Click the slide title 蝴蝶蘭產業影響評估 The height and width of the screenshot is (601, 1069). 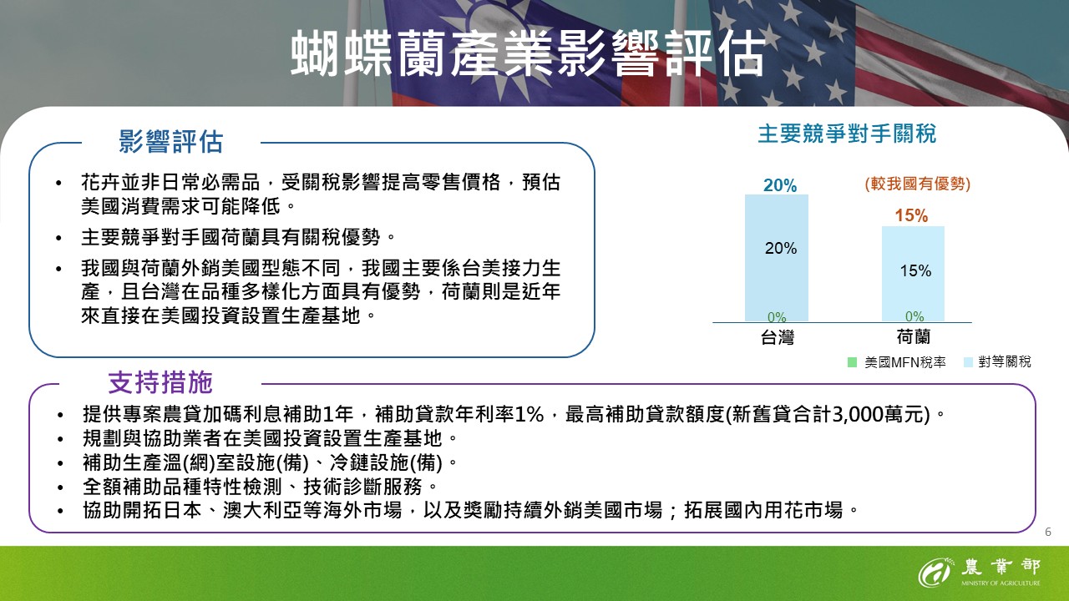[527, 55]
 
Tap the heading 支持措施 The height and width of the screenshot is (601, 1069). [160, 382]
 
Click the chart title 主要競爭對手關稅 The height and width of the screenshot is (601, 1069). [846, 134]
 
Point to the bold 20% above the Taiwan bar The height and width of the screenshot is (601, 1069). [779, 185]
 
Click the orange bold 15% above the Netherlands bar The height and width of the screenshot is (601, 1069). [911, 216]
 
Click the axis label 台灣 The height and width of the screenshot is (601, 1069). [777, 338]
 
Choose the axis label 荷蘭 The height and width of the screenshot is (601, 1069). [913, 338]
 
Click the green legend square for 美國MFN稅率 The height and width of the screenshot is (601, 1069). [852, 362]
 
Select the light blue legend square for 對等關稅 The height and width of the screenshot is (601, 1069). [968, 362]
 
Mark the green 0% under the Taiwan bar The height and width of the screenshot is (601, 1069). [777, 317]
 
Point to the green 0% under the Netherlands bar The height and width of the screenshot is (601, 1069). [914, 317]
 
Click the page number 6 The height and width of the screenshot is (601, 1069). [1048, 532]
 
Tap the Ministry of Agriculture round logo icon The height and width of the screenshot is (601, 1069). [935, 573]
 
